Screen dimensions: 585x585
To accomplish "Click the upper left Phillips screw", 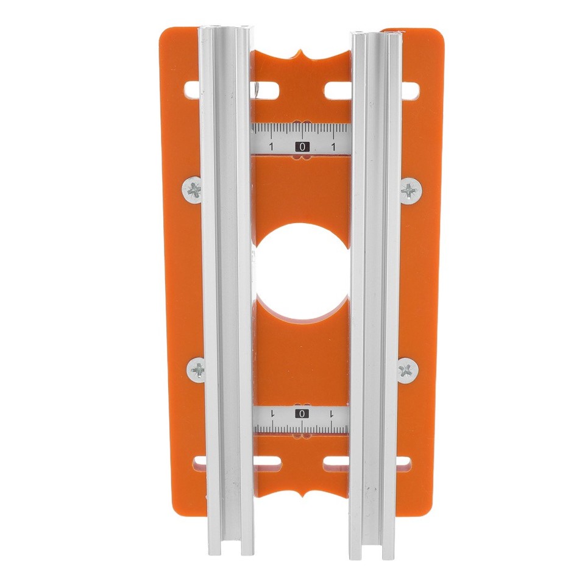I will pyautogui.click(x=193, y=190).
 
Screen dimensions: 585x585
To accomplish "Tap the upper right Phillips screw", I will pyautogui.click(x=411, y=191).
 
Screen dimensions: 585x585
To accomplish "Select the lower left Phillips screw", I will pyautogui.click(x=197, y=369).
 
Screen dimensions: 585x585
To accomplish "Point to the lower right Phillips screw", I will pyautogui.click(x=407, y=370).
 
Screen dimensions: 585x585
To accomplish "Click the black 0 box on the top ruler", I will pyautogui.click(x=302, y=146).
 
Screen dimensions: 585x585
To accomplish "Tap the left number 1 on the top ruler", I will pyautogui.click(x=271, y=147).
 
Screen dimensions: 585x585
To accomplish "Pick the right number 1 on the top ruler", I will pyautogui.click(x=333, y=147).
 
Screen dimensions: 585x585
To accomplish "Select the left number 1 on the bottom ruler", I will pyautogui.click(x=272, y=414).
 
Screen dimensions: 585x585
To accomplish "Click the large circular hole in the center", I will pyautogui.click(x=300, y=271).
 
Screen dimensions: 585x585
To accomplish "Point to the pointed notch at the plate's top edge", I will pyautogui.click(x=302, y=54).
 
